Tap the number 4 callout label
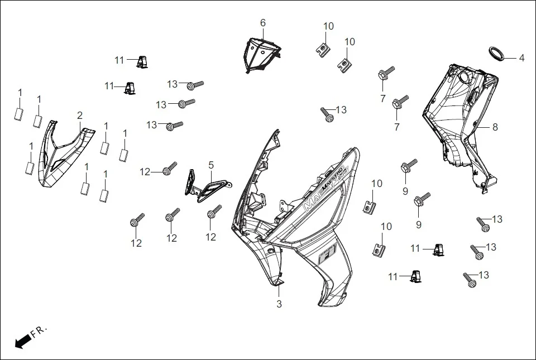521,58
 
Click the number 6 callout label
262,23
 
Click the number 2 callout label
80,116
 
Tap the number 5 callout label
211,165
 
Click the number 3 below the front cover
279,304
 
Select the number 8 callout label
495,127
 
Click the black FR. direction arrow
22,341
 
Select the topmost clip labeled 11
142,61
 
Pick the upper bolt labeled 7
386,73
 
